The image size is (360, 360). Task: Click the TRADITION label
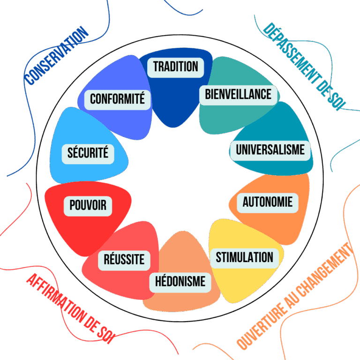[176, 67]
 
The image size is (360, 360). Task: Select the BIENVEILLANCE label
[238, 94]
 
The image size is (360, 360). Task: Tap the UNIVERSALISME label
[270, 150]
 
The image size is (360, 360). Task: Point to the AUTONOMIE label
[267, 202]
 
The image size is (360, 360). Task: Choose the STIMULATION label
[244, 257]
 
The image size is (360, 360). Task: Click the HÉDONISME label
[180, 281]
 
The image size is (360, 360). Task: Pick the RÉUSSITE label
[124, 259]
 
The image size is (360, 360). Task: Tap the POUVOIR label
[88, 205]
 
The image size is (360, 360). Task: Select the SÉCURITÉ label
[88, 152]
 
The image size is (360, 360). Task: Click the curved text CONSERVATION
[56, 55]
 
